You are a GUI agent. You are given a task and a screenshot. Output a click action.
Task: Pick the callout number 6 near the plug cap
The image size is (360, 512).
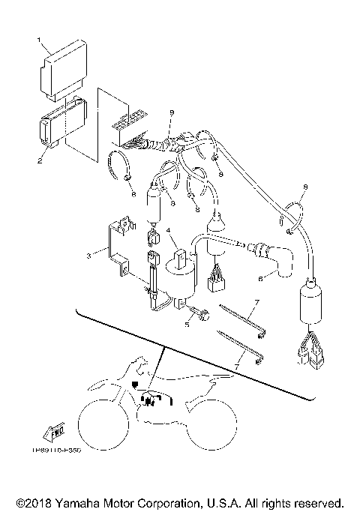pyautogui.click(x=260, y=278)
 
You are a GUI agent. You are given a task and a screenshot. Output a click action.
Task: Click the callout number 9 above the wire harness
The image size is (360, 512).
pyautogui.click(x=172, y=112)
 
